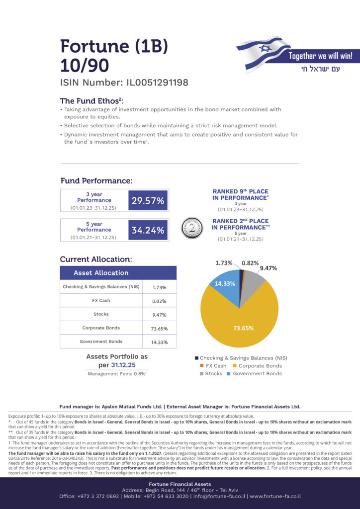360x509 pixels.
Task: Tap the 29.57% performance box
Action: click(147, 201)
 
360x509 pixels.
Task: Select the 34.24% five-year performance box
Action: click(147, 230)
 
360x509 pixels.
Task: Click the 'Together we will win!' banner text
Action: click(323, 56)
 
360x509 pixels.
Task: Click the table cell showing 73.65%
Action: click(159, 329)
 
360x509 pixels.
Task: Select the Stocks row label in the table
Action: click(101, 314)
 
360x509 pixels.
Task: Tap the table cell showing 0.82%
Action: click(159, 301)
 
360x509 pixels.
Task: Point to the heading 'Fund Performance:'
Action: click(96, 181)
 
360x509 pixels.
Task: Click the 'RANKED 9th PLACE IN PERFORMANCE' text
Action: click(240, 194)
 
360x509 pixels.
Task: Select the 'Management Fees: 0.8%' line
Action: click(117, 373)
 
